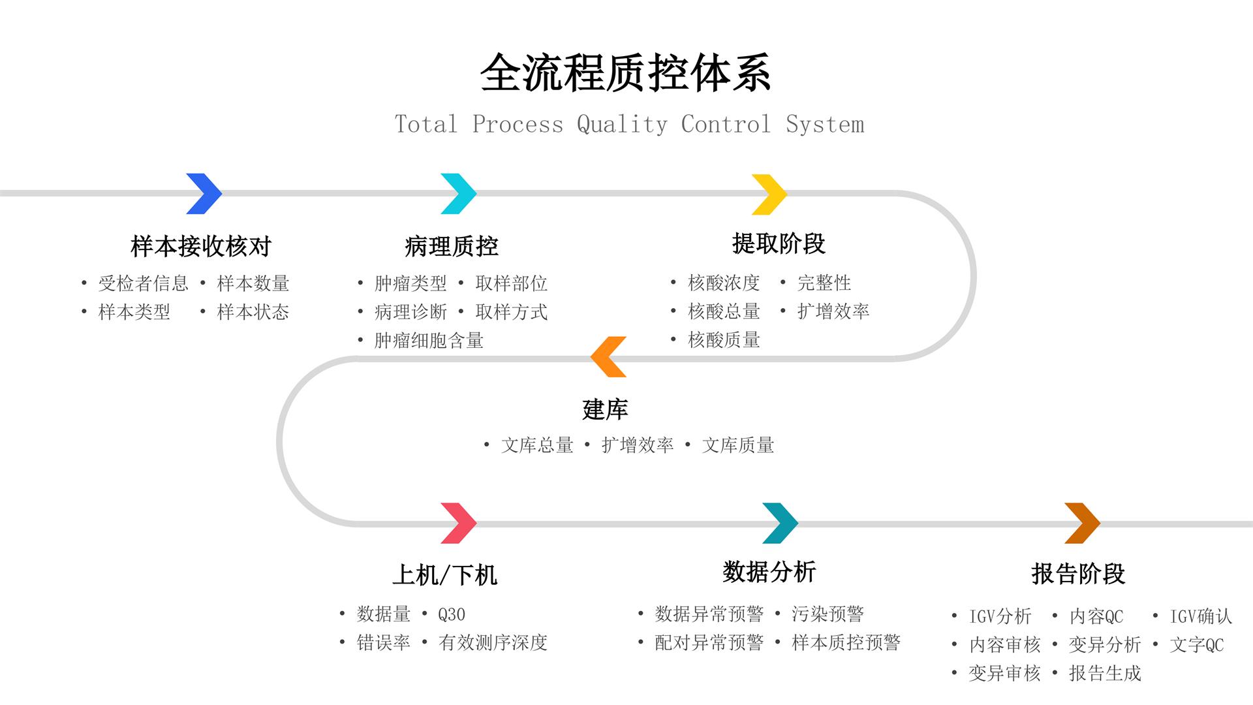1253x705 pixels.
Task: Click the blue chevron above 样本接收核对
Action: point(204,194)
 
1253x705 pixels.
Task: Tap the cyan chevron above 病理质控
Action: point(459,194)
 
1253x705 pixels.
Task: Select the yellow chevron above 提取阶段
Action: point(769,194)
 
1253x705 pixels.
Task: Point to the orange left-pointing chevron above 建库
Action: point(608,357)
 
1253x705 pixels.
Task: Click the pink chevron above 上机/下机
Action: point(459,523)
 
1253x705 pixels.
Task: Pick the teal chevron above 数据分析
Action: point(780,523)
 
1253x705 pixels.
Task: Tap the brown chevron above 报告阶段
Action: point(1082,523)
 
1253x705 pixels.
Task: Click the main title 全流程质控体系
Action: point(626,73)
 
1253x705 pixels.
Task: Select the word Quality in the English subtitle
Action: point(622,124)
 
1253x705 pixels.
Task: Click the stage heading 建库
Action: point(605,410)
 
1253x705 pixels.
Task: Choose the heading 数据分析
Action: point(769,572)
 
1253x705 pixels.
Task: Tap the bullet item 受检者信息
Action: point(143,283)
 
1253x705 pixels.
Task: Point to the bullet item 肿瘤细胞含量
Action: point(429,340)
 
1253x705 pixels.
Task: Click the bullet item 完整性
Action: point(824,283)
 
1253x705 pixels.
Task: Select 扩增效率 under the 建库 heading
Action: point(637,445)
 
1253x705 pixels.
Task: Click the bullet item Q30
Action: point(452,614)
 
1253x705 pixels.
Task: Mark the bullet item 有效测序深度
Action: point(493,642)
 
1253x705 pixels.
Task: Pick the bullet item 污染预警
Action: point(828,614)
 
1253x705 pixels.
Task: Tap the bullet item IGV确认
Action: point(1201,616)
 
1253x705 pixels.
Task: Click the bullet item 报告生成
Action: point(1105,673)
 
